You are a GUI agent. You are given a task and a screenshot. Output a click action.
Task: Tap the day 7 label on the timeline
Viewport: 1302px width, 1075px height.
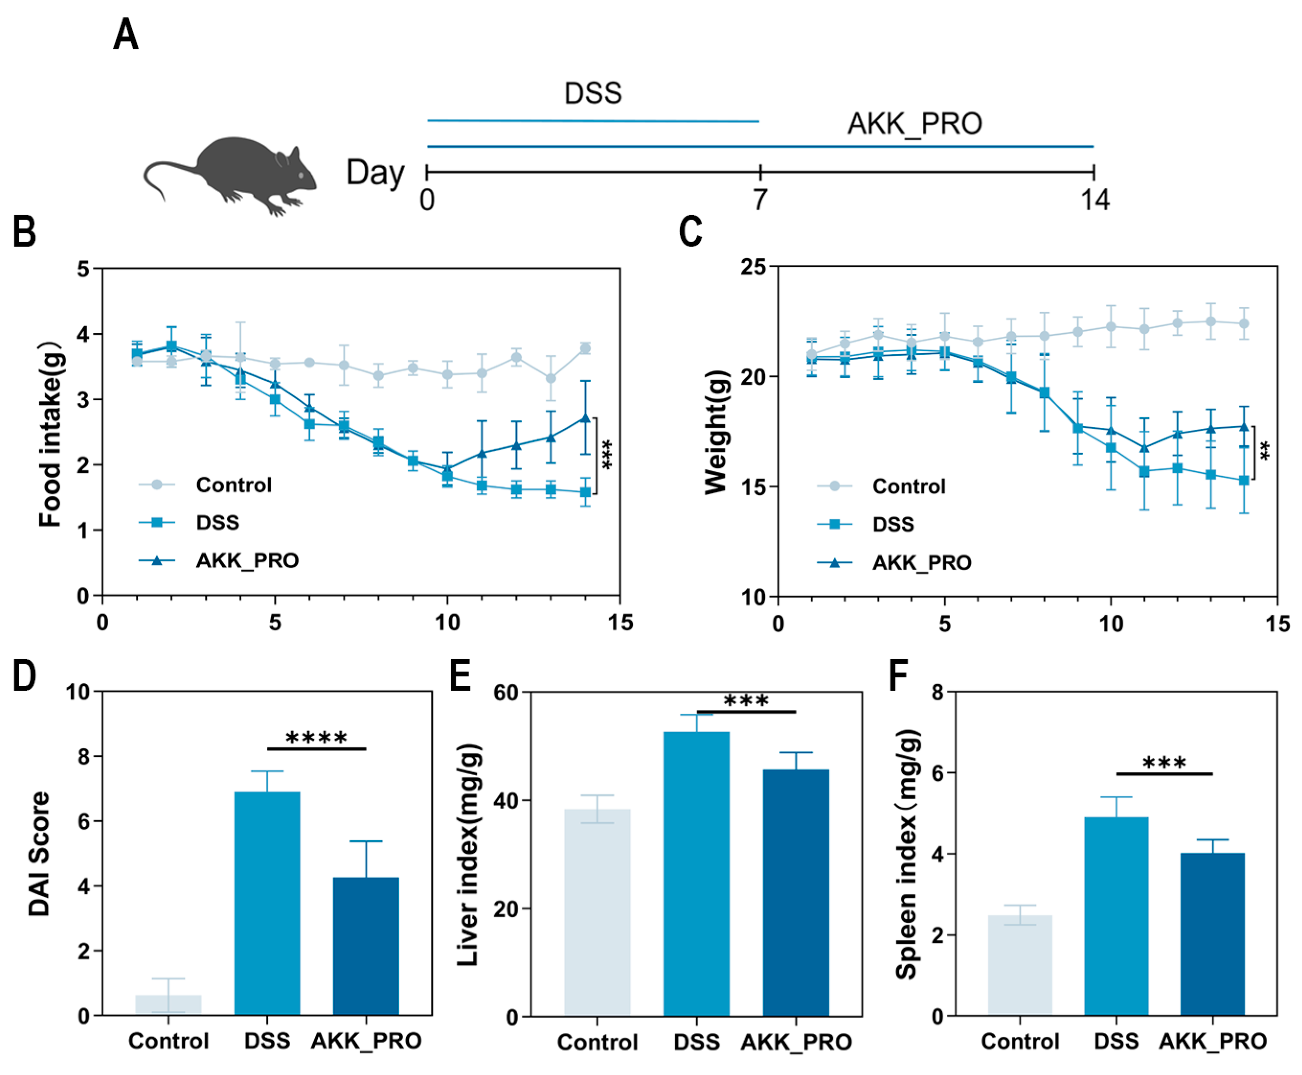759,199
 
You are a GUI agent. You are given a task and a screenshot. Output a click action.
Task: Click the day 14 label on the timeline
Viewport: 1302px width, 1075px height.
1094,199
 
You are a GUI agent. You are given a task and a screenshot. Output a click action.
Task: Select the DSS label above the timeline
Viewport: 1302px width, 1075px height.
592,93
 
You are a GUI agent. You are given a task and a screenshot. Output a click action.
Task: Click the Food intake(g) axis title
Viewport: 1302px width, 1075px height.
51,434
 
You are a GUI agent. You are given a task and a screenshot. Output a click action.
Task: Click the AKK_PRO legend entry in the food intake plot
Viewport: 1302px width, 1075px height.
247,560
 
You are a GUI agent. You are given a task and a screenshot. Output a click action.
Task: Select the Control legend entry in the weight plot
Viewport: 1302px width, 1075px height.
908,486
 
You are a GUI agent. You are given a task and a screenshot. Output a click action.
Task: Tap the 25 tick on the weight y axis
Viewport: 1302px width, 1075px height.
753,267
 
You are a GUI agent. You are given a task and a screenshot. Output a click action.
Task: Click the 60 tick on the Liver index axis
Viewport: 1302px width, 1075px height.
505,692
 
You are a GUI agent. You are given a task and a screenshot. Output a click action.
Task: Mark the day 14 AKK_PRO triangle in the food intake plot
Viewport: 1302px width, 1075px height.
585,418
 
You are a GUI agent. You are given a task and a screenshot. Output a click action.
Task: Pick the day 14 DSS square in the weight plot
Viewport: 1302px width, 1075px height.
1244,480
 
